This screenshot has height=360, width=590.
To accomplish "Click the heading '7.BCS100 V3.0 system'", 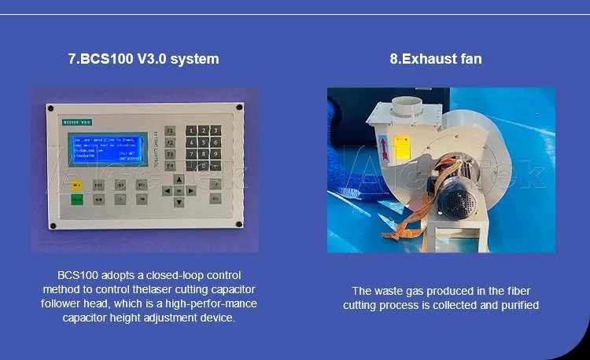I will coord(143,59).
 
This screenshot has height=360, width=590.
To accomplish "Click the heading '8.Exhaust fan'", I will coord(436,59).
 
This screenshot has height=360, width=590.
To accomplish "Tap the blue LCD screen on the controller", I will coord(106,149).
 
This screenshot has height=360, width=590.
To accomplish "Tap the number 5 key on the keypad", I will coord(204,142).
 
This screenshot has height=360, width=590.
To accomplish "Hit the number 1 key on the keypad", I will coord(191,130).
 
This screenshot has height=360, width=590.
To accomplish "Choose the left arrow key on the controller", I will coord(167,191).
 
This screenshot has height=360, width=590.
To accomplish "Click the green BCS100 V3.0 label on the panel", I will coord(77,122).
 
